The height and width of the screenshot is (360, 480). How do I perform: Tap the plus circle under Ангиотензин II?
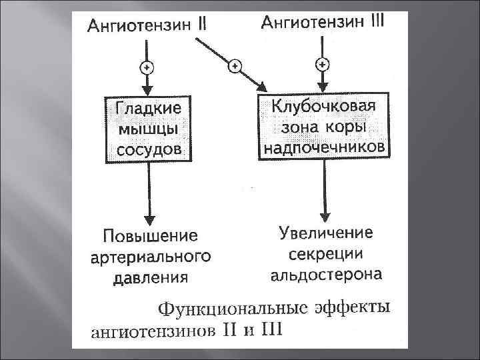point(146,67)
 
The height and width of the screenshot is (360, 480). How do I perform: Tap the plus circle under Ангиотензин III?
point(323,65)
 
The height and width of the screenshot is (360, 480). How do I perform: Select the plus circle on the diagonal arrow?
point(235,65)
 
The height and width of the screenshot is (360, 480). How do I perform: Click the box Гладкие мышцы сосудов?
point(148,128)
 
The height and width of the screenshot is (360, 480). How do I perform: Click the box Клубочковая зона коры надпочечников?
point(324,127)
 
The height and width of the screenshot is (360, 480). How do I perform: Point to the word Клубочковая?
point(324,107)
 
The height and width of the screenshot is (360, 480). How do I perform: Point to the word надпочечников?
point(324,146)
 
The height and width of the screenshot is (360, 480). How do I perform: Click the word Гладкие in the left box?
point(148,109)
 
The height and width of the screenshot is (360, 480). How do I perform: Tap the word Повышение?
point(151,236)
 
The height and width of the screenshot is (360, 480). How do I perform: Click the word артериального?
point(151,256)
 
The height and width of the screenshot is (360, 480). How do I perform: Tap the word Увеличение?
point(325,234)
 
